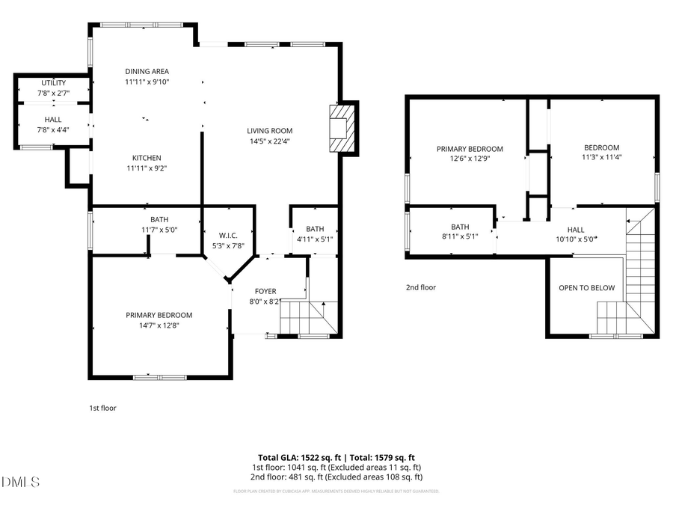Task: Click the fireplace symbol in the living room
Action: pos(341,128)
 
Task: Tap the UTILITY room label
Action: pos(53,82)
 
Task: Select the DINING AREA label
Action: pos(147,72)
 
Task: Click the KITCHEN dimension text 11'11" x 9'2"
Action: pos(147,168)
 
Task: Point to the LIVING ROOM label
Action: pos(269,130)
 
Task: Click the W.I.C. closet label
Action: pos(228,236)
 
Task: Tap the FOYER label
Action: pos(265,291)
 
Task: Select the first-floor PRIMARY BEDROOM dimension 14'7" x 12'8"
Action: pos(159,325)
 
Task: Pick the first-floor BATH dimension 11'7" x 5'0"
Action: pos(159,230)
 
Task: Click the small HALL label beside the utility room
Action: pos(53,120)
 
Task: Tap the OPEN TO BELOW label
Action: pos(586,288)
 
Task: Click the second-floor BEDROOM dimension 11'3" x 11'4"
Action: pos(602,157)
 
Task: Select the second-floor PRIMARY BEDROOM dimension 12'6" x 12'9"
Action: pos(470,159)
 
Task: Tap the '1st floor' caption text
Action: pos(102,408)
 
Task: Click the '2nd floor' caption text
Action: pos(420,287)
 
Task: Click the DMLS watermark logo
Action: pos(20,482)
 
